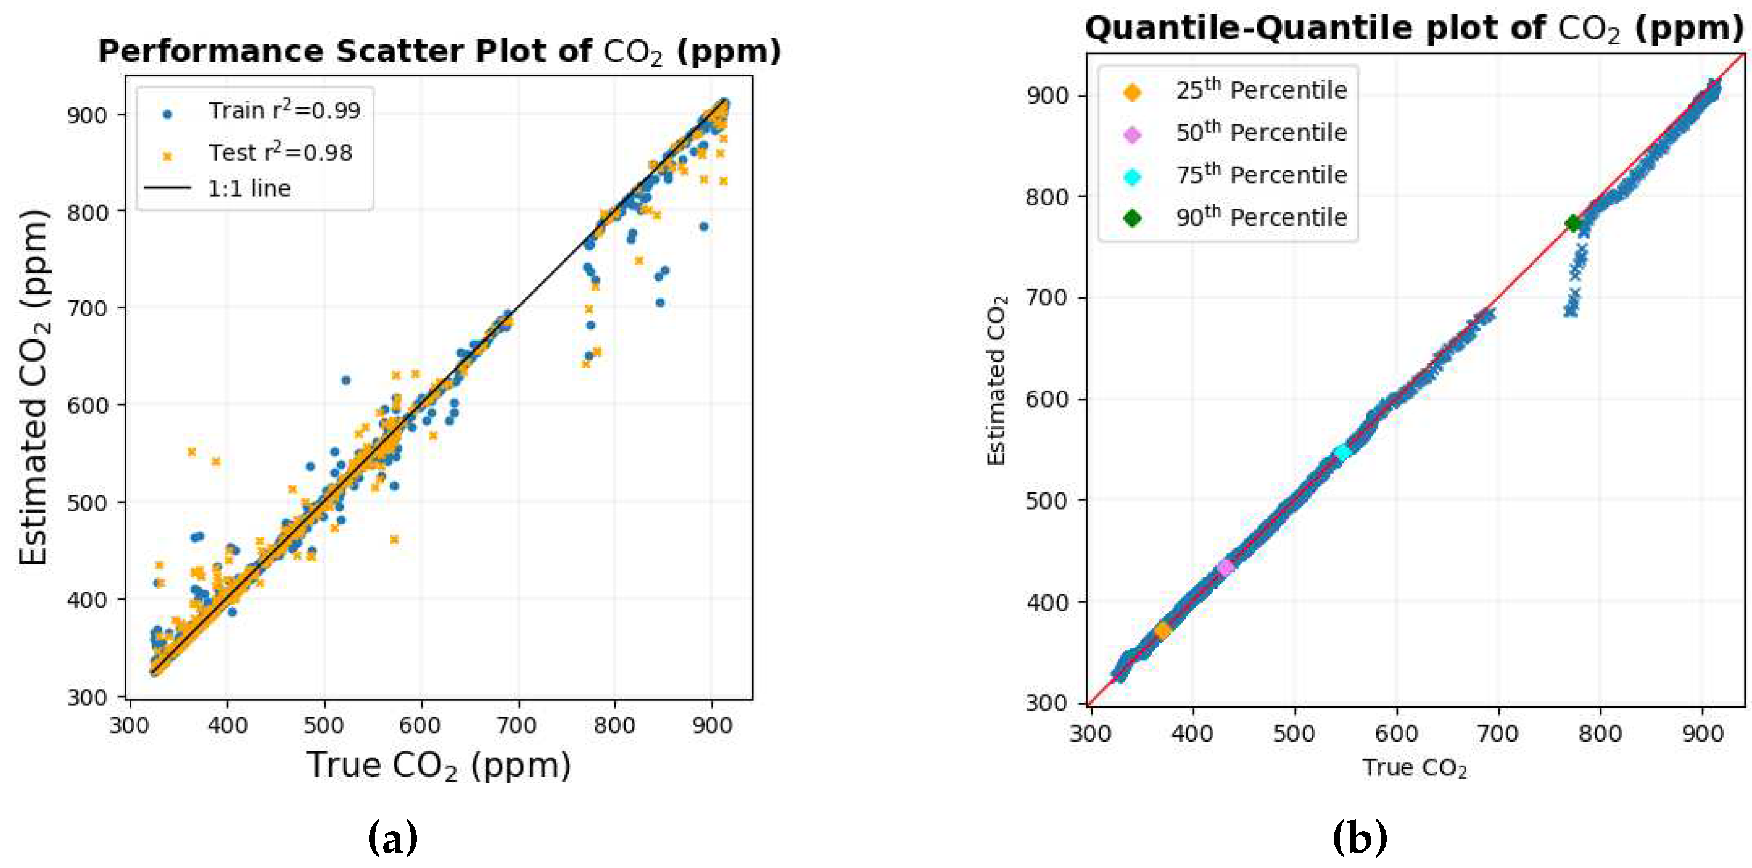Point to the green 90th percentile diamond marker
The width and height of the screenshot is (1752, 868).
1573,223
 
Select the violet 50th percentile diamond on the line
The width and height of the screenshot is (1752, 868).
1226,568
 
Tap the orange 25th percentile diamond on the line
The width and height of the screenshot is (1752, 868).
1162,630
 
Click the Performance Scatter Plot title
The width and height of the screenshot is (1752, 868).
439,52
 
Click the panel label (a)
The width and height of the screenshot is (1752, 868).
392,837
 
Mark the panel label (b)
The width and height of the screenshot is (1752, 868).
1359,837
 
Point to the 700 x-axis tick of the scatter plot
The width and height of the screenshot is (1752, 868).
517,725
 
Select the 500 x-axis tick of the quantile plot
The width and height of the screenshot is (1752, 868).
1294,734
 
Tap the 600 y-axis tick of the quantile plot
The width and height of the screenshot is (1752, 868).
1046,399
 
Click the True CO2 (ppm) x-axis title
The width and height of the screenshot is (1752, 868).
438,765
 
